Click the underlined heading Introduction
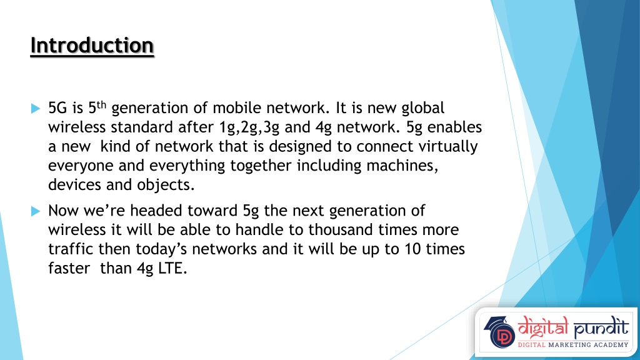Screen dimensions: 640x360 (92, 45)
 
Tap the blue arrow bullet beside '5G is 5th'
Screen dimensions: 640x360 (36, 109)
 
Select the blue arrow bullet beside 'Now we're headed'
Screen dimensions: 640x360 (36, 211)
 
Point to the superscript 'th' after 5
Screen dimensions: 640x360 (101, 105)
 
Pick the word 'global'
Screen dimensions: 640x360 (423, 109)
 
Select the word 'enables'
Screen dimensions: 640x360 (454, 127)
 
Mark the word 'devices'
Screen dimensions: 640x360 (75, 185)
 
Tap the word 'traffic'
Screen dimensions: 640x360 (71, 249)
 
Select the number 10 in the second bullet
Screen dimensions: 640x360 (412, 249)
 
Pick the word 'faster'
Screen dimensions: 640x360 (69, 269)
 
